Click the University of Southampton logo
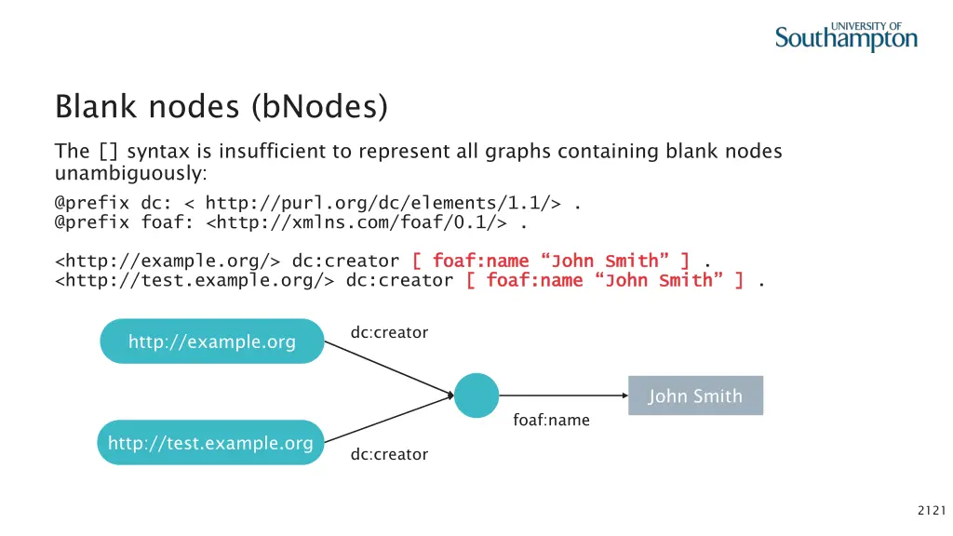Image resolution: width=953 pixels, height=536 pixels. pos(846,36)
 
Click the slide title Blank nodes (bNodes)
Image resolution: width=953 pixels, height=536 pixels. pos(221,107)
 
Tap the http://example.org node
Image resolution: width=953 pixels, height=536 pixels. pos(211,342)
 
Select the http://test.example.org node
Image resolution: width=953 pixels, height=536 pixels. pos(210,443)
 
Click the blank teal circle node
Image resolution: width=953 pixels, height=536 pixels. pos(476,395)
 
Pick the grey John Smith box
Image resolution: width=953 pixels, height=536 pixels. pos(695,395)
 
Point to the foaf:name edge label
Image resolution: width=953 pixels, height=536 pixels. pos(551,421)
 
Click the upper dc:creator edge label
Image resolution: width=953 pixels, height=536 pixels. pos(389,332)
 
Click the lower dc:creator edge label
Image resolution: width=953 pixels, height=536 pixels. pos(389,454)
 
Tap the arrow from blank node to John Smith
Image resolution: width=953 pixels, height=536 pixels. pos(563,395)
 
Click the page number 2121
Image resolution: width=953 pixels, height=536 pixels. pos(931,509)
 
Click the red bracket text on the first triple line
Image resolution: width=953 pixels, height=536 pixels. pos(551,261)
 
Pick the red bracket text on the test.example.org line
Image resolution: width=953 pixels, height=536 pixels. pos(605,281)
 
